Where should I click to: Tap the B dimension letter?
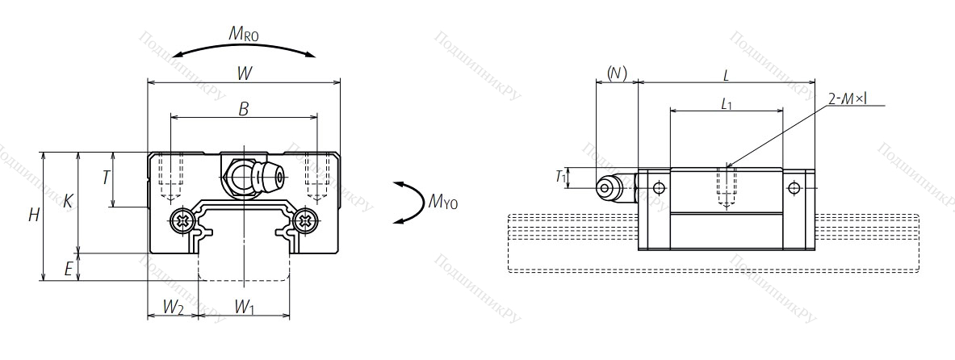click(243, 109)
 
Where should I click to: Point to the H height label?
click(33, 216)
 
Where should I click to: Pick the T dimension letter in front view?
click(106, 178)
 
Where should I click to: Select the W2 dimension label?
click(173, 307)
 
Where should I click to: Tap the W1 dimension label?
click(245, 307)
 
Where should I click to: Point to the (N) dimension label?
click(617, 73)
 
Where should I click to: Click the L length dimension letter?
click(727, 75)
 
